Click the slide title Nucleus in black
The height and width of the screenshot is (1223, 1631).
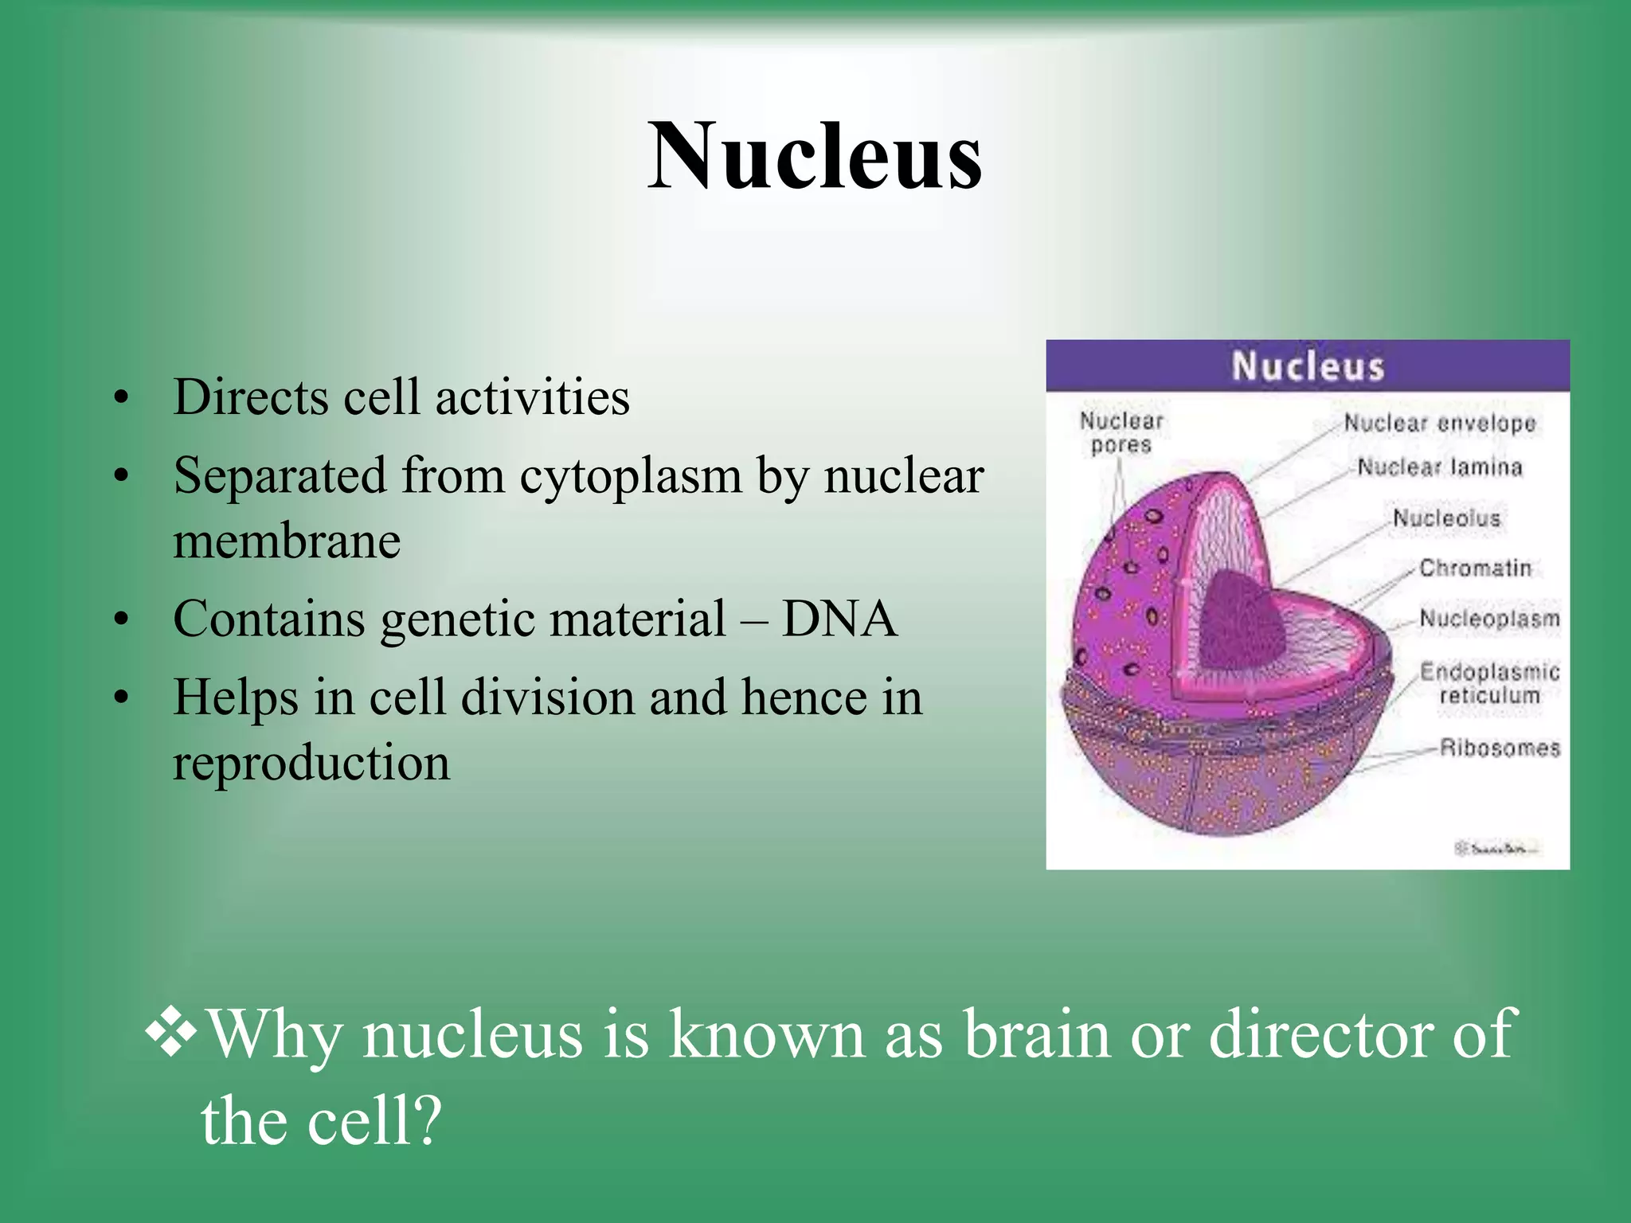point(814,156)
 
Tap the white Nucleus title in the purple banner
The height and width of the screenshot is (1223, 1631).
point(1308,366)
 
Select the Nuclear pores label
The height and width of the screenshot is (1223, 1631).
point(1121,432)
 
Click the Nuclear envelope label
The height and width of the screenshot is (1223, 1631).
point(1439,423)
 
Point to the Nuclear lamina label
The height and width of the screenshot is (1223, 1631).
point(1439,467)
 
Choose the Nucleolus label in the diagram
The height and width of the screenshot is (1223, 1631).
point(1445,518)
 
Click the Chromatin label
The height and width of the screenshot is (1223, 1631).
point(1475,568)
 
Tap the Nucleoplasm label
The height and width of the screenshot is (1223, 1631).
point(1488,619)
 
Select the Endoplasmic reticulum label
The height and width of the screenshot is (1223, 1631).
point(1488,683)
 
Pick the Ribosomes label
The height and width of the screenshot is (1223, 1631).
point(1499,748)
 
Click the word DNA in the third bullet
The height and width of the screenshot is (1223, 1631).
point(839,619)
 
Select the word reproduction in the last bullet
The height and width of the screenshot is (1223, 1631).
point(311,762)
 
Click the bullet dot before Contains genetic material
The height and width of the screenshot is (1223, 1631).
point(121,620)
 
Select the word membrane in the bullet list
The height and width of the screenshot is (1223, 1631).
point(287,541)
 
